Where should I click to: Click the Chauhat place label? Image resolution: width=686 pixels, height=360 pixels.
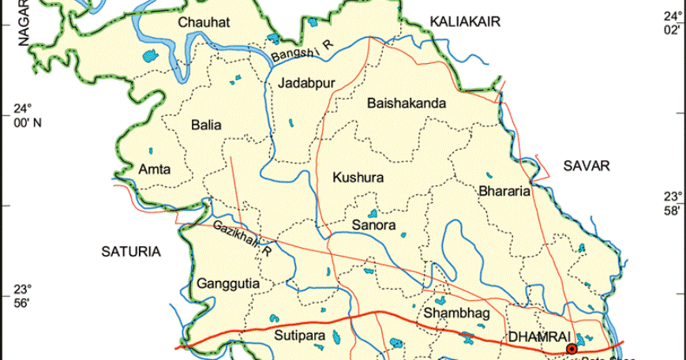204,23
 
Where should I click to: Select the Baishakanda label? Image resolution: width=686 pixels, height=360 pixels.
407,103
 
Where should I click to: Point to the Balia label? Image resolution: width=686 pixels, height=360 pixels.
206,125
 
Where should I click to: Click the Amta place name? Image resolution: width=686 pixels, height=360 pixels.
154,170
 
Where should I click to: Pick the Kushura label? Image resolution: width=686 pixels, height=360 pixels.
358,178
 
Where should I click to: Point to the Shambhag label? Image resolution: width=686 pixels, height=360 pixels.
457,313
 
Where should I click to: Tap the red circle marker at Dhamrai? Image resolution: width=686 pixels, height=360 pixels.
572,348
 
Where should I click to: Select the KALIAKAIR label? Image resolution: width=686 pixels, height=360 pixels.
466,23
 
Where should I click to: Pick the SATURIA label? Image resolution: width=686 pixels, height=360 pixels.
131,252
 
